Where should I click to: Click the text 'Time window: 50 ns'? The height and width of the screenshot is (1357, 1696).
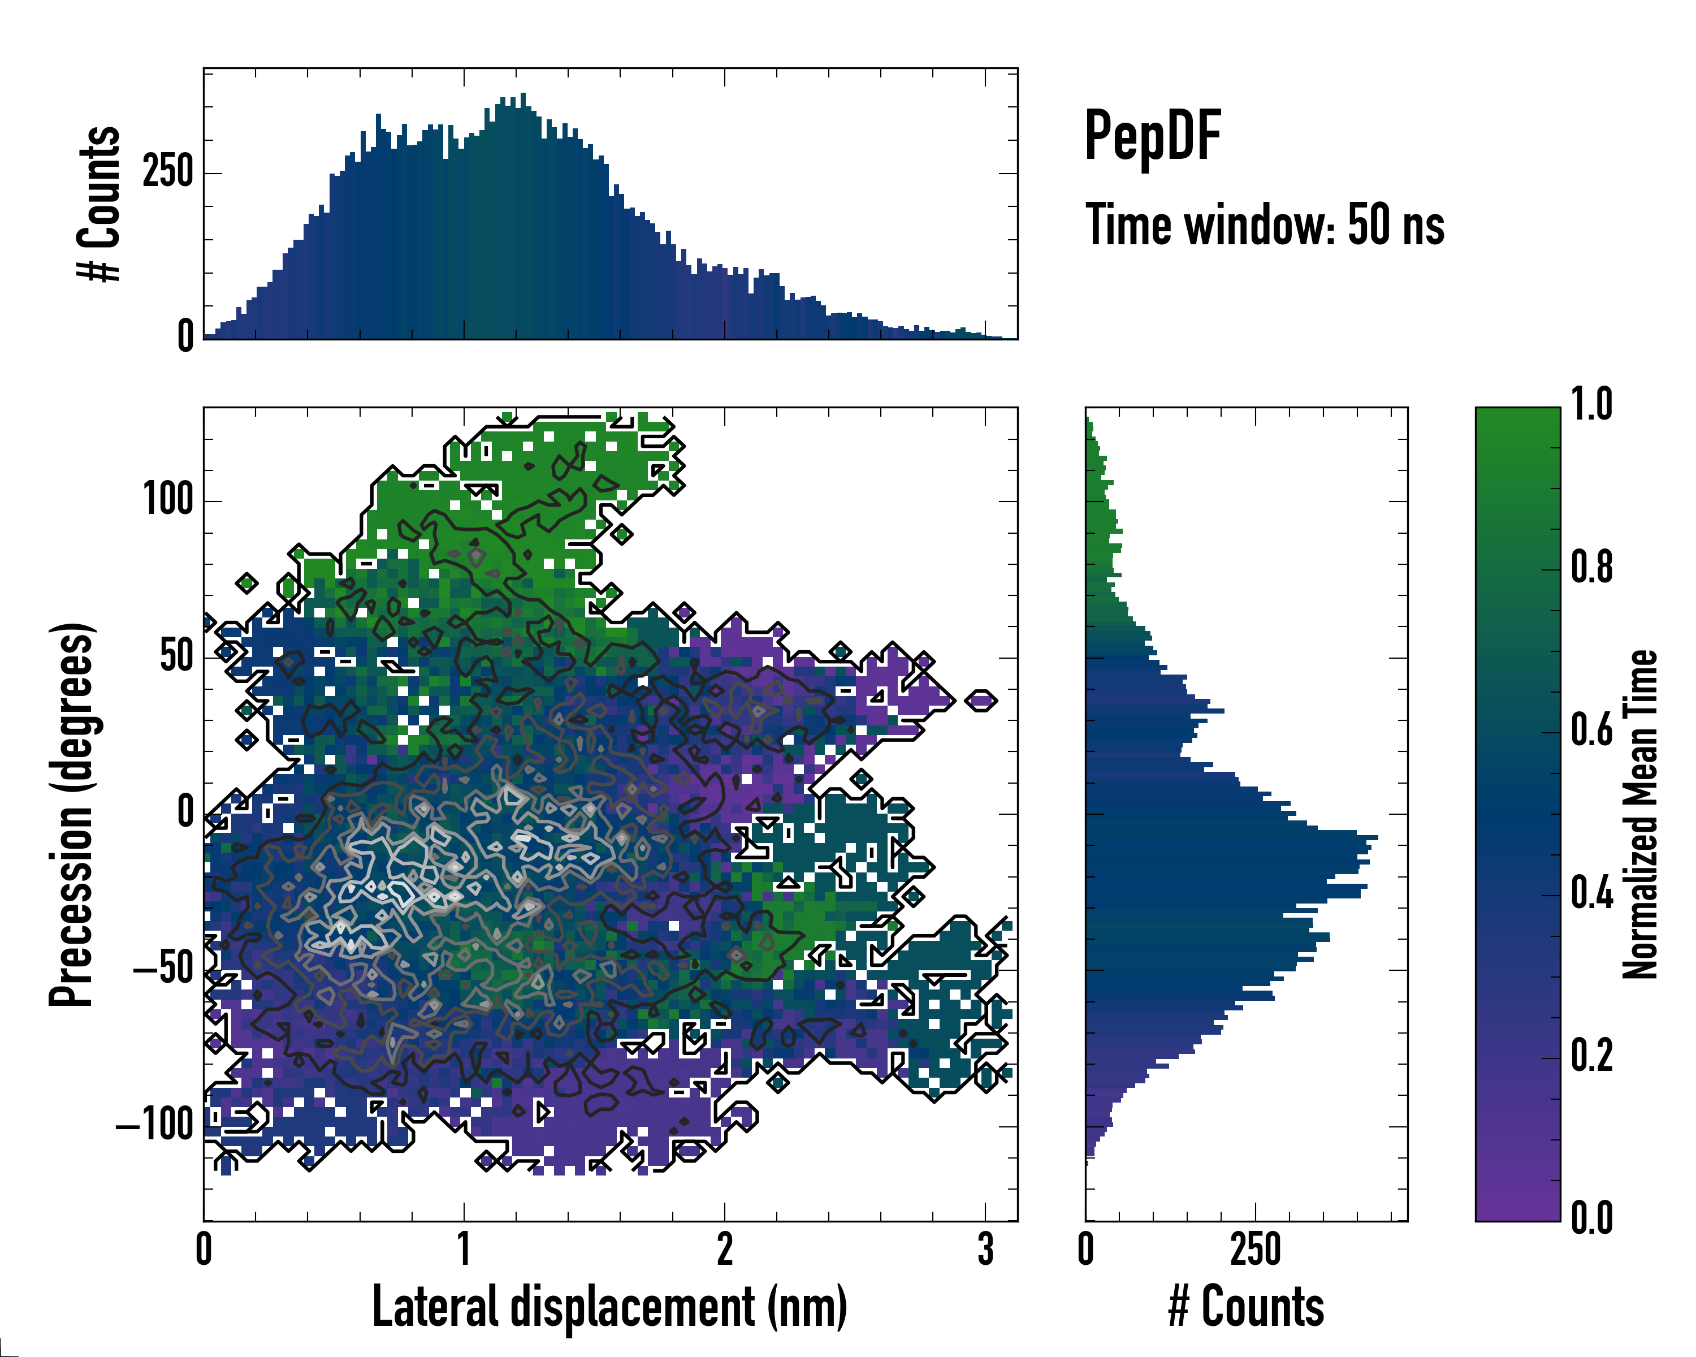pyautogui.click(x=1265, y=226)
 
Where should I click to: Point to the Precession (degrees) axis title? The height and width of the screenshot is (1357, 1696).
pyautogui.click(x=72, y=814)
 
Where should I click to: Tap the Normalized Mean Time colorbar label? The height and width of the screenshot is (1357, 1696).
pyautogui.click(x=1641, y=814)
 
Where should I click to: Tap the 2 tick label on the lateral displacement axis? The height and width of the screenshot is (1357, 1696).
pyautogui.click(x=725, y=1249)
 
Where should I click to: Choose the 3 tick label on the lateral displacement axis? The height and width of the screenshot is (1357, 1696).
pyautogui.click(x=986, y=1249)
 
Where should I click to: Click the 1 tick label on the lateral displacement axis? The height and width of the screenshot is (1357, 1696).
pyautogui.click(x=464, y=1249)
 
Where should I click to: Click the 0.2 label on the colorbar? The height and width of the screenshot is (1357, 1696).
pyautogui.click(x=1591, y=1056)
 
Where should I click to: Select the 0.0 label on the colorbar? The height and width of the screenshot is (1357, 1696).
pyautogui.click(x=1591, y=1218)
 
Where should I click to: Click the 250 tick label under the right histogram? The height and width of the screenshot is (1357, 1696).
pyautogui.click(x=1256, y=1249)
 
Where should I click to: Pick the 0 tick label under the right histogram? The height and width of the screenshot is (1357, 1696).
pyautogui.click(x=1087, y=1249)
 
